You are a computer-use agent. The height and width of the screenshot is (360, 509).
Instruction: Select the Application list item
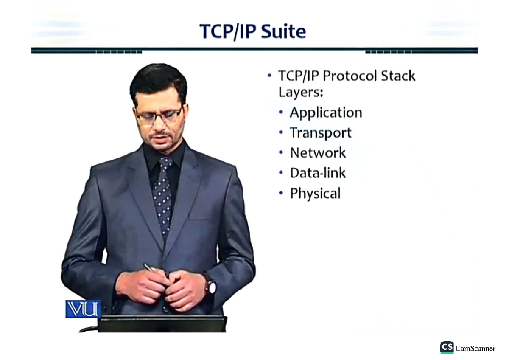(326, 112)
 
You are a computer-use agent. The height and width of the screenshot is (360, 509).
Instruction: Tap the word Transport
(321, 132)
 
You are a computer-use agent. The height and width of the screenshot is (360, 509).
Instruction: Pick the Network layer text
(318, 152)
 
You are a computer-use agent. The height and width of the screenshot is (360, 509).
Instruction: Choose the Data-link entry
(318, 173)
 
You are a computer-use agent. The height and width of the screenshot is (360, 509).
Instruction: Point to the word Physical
(315, 194)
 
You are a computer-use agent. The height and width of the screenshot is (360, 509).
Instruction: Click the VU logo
(83, 309)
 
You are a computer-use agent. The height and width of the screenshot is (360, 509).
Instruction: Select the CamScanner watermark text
(475, 349)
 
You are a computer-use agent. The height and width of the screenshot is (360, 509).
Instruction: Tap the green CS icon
(447, 348)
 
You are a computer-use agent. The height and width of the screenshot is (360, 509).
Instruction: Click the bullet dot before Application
(281, 112)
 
